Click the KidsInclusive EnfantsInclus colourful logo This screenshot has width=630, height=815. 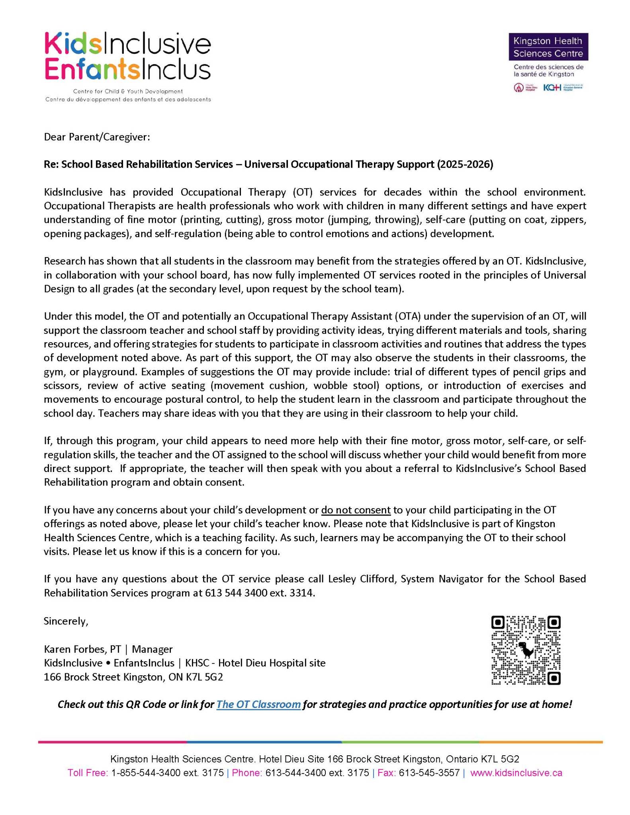[127, 57]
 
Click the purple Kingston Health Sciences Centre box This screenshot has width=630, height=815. [548, 47]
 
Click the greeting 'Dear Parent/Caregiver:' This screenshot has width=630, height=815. [97, 137]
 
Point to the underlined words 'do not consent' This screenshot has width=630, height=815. [356, 510]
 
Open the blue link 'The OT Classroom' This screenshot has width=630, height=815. [258, 704]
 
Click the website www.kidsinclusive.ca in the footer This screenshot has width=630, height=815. [516, 773]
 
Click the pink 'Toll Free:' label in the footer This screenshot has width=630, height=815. [88, 773]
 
